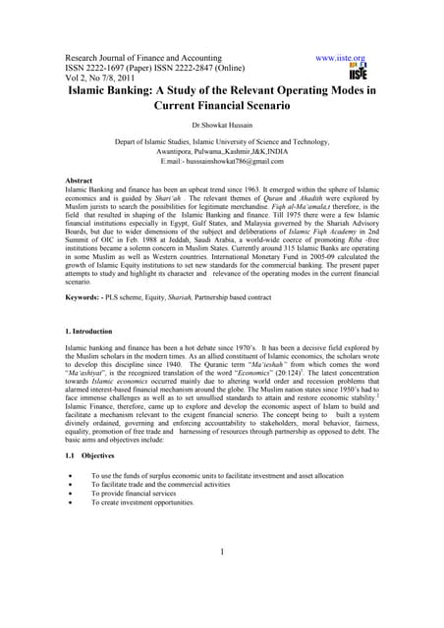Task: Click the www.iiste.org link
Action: [x=341, y=59]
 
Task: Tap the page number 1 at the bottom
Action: [x=223, y=550]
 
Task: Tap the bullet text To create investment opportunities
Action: [x=142, y=502]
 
